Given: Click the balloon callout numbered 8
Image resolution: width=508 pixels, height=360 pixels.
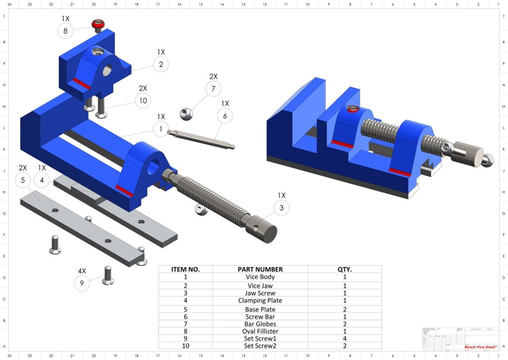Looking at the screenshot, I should point(65,31).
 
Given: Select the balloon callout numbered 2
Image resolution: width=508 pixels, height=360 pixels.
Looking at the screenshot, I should point(161,64).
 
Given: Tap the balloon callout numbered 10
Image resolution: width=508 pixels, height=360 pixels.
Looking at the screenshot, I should point(143,101).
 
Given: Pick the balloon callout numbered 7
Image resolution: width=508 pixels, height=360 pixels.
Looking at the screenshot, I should point(213,89).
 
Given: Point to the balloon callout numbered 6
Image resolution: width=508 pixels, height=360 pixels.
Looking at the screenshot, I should point(225,116).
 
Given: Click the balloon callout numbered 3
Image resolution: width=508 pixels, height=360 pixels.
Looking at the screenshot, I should point(281,208).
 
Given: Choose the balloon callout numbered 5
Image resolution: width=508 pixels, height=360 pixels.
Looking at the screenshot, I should point(23,181).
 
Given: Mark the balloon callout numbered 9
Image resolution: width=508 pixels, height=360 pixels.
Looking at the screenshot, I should point(82,284).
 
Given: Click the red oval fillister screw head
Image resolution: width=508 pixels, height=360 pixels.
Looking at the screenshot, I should point(98,24).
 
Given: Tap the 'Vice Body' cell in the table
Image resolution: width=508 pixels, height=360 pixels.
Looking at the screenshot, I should point(260,277).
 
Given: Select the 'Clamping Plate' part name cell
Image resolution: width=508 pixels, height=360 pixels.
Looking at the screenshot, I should point(260,300).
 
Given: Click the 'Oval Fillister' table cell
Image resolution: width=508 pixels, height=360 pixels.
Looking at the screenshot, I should point(260,331).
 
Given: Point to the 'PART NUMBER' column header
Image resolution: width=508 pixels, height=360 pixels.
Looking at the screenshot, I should point(260,269).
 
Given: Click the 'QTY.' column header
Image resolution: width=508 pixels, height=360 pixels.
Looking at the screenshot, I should point(344,269).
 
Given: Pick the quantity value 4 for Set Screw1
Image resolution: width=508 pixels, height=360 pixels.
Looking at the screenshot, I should point(344,339).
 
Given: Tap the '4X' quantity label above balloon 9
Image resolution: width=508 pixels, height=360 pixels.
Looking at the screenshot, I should point(82,271).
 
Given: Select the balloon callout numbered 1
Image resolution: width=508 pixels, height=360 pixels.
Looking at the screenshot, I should point(161,130).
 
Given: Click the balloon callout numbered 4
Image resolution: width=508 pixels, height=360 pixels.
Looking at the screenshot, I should point(42,181).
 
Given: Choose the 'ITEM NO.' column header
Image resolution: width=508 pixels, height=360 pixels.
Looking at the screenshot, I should point(185,269).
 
